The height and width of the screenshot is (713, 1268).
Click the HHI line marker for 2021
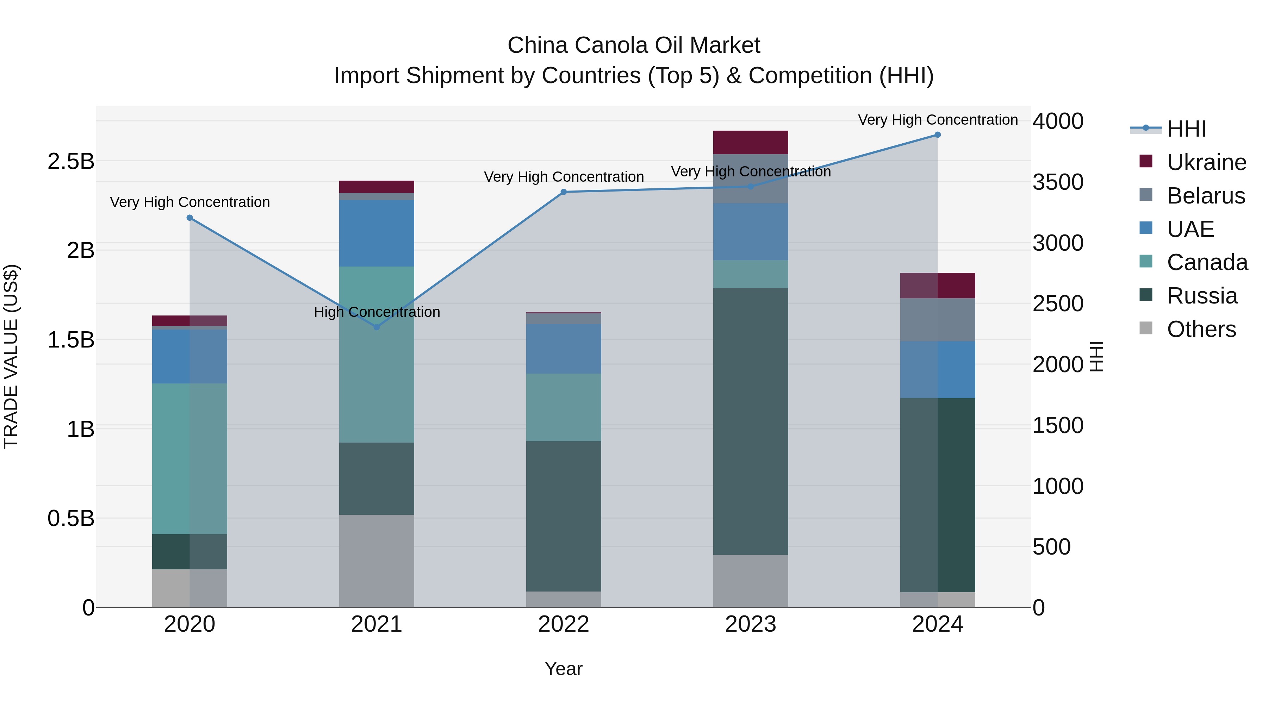(377, 327)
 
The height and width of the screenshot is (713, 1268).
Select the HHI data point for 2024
(937, 135)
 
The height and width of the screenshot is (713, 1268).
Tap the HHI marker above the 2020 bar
(190, 218)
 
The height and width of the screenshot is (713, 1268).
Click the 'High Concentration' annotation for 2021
(377, 312)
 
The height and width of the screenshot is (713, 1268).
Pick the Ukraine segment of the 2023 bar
(750, 142)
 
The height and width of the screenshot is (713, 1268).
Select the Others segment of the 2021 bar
(377, 561)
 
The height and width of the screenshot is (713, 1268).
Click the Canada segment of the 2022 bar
(564, 407)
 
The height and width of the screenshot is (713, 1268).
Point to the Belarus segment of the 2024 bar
(937, 319)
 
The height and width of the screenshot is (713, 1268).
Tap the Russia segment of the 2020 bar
(190, 552)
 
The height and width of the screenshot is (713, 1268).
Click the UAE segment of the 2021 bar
(377, 233)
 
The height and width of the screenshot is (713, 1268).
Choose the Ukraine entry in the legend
(1206, 162)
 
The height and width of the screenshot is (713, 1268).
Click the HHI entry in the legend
(1186, 129)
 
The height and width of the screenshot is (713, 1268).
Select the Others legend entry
(1201, 329)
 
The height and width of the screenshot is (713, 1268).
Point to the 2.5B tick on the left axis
(70, 161)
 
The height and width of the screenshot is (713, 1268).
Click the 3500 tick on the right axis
(1058, 182)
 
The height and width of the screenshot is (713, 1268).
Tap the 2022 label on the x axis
(564, 624)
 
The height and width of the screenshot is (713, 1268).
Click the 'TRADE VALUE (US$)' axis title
(11, 356)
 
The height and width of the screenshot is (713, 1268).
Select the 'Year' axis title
(564, 669)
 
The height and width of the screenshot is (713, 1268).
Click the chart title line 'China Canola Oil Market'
(634, 45)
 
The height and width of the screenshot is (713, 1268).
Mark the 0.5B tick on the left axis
(70, 518)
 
